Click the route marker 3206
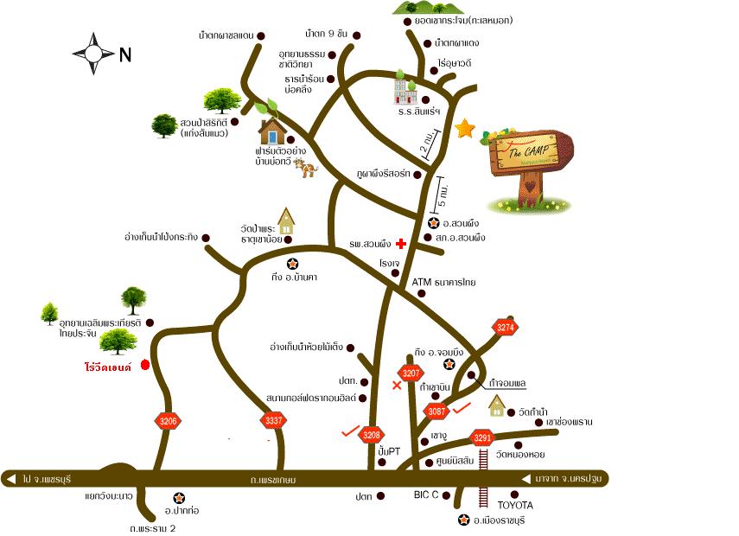pos(169,421)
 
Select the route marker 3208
pos(372,434)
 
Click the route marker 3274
pos(506,327)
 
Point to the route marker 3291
pos(482,437)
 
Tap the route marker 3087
pos(438,412)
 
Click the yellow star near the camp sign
pos(466,129)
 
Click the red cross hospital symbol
pos(400,245)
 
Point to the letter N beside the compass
pos(125,54)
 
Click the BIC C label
pos(425,496)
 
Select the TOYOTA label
pos(516,505)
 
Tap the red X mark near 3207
pos(397,385)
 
